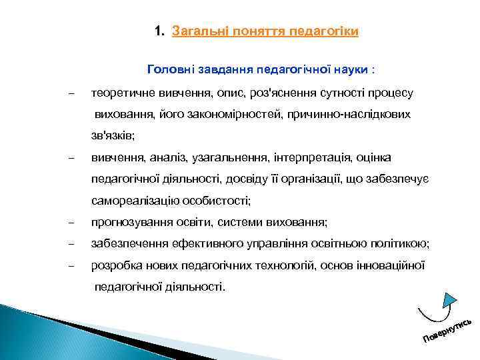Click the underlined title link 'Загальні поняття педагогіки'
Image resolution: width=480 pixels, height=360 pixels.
[265, 31]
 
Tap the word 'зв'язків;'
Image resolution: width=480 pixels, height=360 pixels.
[113, 136]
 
